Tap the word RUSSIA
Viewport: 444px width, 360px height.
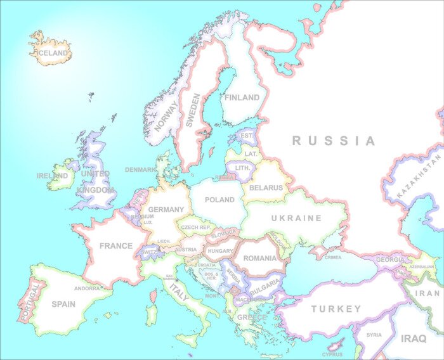334,141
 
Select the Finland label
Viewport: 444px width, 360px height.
242,98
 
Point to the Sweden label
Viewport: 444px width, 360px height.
193,111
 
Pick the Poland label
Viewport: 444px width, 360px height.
220,200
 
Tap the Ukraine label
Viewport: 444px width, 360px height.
296,218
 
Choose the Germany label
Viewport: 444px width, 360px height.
166,210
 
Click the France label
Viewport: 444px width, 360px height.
116,245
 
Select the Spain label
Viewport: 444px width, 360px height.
63,304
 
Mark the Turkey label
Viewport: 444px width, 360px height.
336,309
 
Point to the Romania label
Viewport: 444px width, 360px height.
260,258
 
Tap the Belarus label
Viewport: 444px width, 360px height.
266,188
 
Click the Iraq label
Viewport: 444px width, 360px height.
414,338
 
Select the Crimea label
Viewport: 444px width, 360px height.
333,257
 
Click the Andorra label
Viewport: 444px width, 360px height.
87,288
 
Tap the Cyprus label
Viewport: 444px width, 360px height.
332,355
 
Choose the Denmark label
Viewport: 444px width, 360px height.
140,170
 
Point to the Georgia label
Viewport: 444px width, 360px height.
390,260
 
